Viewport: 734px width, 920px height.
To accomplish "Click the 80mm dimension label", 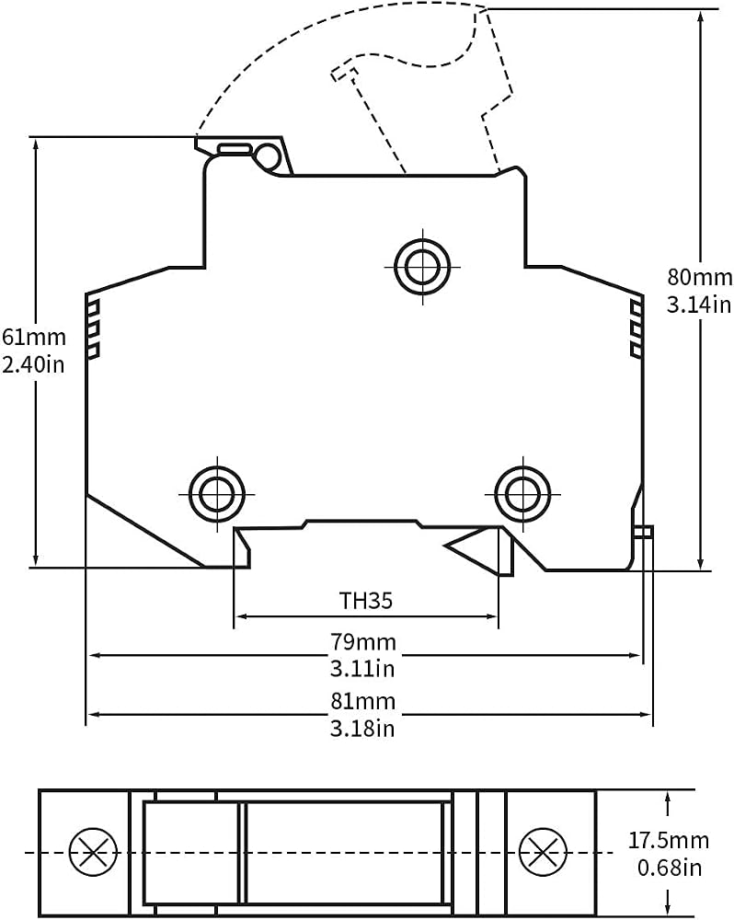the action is tap(700, 277).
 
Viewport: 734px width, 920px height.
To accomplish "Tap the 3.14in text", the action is tap(699, 305).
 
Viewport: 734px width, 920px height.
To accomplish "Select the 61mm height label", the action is tap(34, 338).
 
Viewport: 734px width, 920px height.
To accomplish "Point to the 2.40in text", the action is tap(33, 364).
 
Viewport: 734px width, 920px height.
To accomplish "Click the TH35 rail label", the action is tap(365, 601).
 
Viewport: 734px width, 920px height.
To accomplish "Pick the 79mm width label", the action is tap(363, 642).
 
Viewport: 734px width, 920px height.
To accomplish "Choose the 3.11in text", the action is tap(362, 669).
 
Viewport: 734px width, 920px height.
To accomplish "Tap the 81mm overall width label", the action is tap(363, 701).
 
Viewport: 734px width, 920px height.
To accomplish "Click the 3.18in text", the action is tap(362, 729).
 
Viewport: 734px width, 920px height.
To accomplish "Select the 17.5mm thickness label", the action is tap(669, 840).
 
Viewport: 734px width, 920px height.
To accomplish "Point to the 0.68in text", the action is tap(670, 868).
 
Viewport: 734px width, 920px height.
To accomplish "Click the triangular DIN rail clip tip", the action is tap(445, 546).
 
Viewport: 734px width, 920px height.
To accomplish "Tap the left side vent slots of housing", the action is tap(93, 329).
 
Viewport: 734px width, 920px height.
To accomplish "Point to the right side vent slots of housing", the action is tap(636, 328).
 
